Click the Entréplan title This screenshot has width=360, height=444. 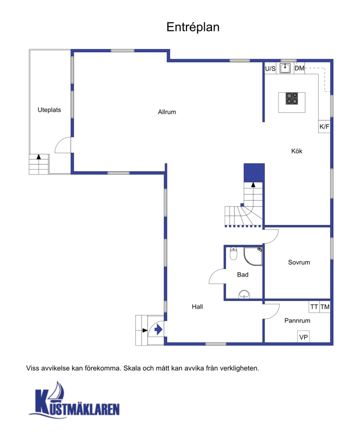[193, 27]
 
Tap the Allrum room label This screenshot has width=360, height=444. [167, 112]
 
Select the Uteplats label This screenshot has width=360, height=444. [49, 110]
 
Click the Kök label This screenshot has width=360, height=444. [297, 151]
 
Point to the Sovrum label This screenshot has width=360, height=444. [299, 262]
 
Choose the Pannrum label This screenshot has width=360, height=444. [297, 321]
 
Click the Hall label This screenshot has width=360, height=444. [197, 307]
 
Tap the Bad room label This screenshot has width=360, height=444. [243, 274]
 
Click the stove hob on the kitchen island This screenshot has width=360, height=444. [292, 99]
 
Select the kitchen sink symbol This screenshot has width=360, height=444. [285, 68]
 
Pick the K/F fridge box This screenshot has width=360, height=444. [324, 126]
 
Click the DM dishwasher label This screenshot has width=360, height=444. [299, 68]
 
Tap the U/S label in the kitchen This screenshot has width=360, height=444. [270, 68]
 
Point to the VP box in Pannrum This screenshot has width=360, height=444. [303, 336]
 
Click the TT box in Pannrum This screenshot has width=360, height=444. [314, 307]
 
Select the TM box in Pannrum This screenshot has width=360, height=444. [325, 307]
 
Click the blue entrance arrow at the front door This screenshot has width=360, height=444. [158, 330]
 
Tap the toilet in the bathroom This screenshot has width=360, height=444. [234, 254]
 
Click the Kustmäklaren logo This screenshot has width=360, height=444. [74, 400]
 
